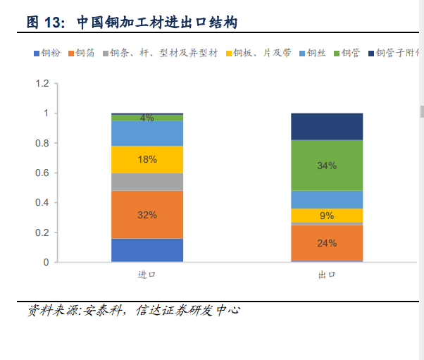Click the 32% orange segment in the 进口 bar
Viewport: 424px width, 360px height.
pyautogui.click(x=147, y=215)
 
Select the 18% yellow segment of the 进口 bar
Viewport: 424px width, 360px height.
pyautogui.click(x=147, y=159)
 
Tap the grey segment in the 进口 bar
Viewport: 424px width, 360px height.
pyautogui.click(x=147, y=182)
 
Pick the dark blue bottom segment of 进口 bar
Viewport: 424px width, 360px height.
pyautogui.click(x=147, y=250)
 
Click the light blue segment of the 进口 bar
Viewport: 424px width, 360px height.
pyautogui.click(x=147, y=133)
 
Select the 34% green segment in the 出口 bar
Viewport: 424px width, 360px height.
pyautogui.click(x=327, y=166)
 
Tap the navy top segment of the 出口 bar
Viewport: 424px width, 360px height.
pyautogui.click(x=327, y=127)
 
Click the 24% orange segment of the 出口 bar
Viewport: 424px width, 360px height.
pyautogui.click(x=327, y=243)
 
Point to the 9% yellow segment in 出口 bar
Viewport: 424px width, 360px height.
pyautogui.click(x=327, y=216)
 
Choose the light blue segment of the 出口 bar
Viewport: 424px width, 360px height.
pyautogui.click(x=327, y=199)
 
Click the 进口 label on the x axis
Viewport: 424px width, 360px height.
pyautogui.click(x=146, y=275)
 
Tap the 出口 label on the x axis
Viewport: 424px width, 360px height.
pyautogui.click(x=327, y=275)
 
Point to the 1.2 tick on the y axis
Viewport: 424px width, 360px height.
pyautogui.click(x=42, y=84)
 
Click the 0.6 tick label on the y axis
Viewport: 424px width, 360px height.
pyautogui.click(x=42, y=173)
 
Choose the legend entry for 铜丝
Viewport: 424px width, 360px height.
pyautogui.click(x=314, y=53)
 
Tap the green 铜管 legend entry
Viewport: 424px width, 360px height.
pyautogui.click(x=347, y=53)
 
